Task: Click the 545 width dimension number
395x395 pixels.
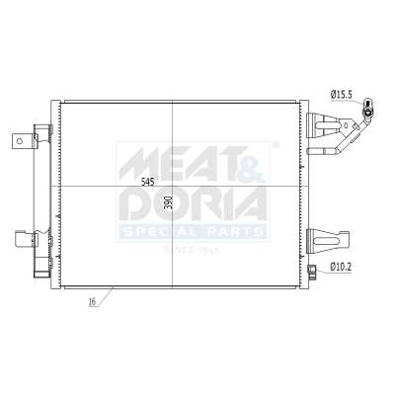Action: coord(148,182)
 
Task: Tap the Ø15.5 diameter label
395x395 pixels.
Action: coord(342,94)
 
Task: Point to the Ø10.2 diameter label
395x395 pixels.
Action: coord(342,267)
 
